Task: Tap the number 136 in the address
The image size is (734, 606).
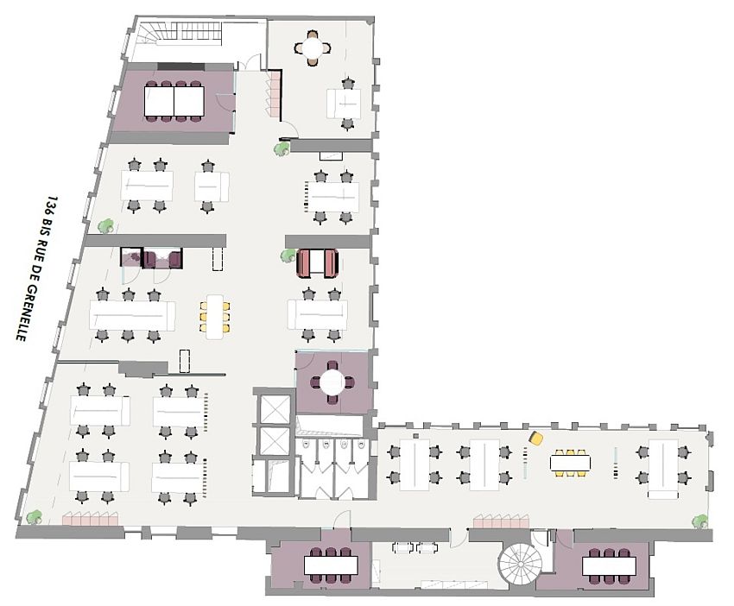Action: pos(53,205)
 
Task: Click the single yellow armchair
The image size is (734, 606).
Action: pos(536,439)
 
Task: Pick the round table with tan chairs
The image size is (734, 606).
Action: pos(312,48)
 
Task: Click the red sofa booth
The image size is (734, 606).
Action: pos(316,262)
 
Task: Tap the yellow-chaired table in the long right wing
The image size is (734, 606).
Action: pos(571,463)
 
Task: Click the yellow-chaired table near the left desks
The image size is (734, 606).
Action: pos(214,315)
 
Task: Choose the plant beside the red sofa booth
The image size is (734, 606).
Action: pos(288,255)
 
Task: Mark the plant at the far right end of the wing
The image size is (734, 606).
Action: pos(700,521)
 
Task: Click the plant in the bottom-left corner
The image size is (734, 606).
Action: pos(34,517)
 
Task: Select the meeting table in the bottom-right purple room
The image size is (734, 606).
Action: pos(609,566)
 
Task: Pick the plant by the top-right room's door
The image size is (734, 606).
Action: pos(282,148)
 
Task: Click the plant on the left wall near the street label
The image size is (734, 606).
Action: pos(105,226)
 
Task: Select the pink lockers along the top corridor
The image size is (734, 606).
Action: pos(275,93)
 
